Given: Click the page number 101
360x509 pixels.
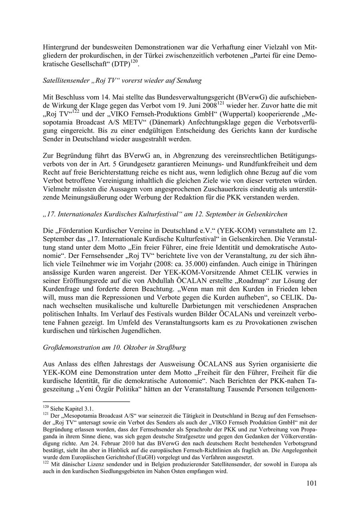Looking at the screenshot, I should tap(312, 483).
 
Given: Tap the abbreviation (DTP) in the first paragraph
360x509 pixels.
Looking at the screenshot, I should tap(122, 64).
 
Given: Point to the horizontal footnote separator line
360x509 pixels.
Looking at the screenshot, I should tap(86, 401).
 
